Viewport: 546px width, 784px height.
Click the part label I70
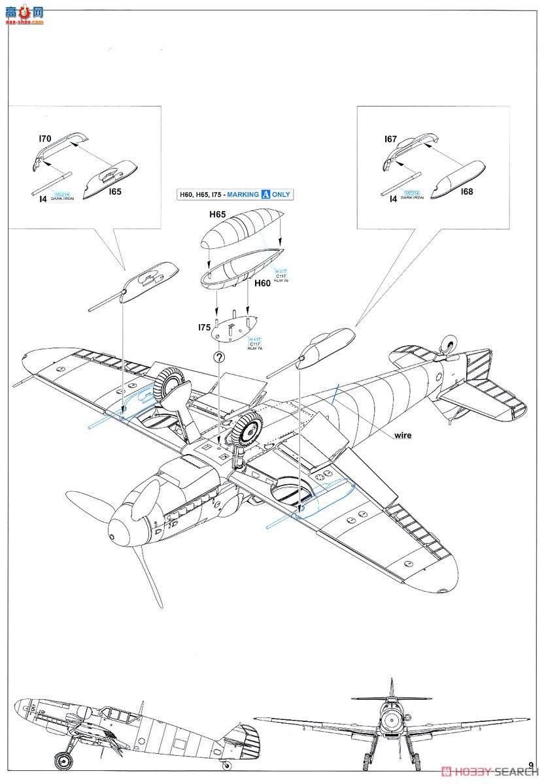tap(44, 139)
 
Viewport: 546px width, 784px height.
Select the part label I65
tap(115, 192)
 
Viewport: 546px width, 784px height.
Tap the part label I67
tap(390, 139)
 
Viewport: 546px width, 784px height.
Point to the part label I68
tap(466, 191)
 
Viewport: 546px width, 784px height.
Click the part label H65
tap(218, 214)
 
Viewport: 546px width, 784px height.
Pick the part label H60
tap(262, 283)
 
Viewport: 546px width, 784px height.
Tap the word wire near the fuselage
tap(402, 435)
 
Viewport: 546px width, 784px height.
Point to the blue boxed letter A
tap(265, 194)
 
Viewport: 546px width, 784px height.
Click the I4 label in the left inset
tap(43, 199)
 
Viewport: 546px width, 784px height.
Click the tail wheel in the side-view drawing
tap(226, 764)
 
